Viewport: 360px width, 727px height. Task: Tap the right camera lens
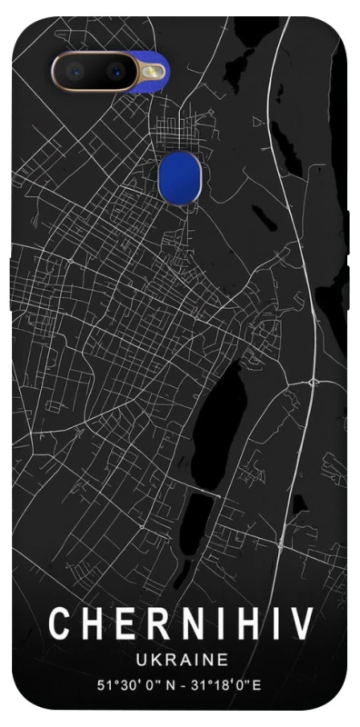point(117,69)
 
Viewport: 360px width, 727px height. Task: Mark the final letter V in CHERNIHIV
point(301,625)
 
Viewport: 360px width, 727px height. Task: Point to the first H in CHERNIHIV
point(92,625)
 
